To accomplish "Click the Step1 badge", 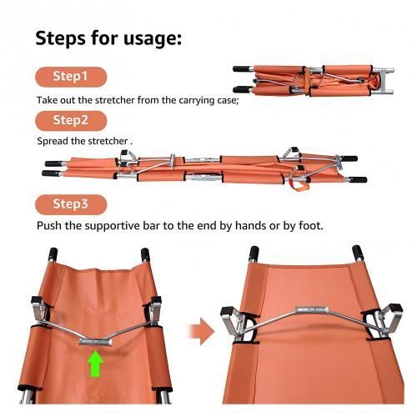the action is pyautogui.click(x=71, y=77).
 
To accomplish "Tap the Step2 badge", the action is pyautogui.click(x=71, y=121).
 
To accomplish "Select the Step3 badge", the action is pyautogui.click(x=71, y=204).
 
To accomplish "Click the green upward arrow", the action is pyautogui.click(x=95, y=364).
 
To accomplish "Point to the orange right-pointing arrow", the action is pyautogui.click(x=201, y=332).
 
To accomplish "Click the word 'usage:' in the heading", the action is pyautogui.click(x=153, y=38).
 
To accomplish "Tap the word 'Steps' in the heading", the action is pyautogui.click(x=60, y=38).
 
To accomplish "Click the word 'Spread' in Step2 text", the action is pyautogui.click(x=53, y=142).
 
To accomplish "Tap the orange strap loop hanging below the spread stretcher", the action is pyautogui.click(x=299, y=184).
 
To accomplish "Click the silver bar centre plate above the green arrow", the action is pyautogui.click(x=95, y=342).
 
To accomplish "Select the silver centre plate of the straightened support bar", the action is pyautogui.click(x=312, y=309).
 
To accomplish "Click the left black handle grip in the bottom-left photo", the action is pyautogui.click(x=53, y=254).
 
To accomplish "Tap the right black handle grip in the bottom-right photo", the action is pyautogui.click(x=358, y=253).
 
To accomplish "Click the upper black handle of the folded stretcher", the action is pyautogui.click(x=241, y=68).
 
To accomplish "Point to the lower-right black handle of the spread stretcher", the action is pyautogui.click(x=359, y=180).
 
